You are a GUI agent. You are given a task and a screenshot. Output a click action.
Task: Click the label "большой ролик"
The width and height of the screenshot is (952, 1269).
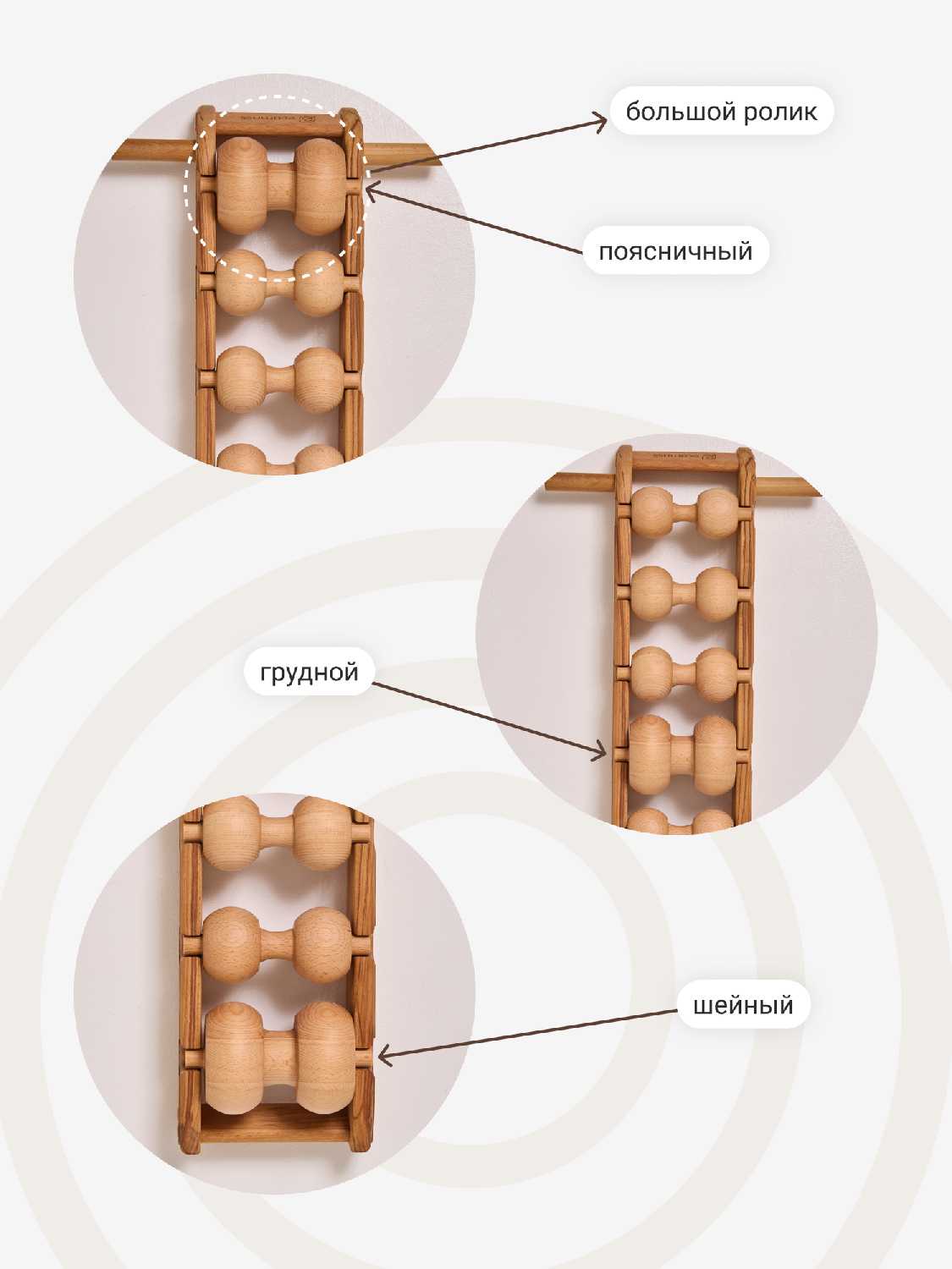(x=721, y=111)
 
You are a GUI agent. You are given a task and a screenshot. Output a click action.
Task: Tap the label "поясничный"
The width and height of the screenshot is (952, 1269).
(x=675, y=251)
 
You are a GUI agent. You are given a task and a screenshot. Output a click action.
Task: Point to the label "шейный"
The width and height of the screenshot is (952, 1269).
(x=743, y=1005)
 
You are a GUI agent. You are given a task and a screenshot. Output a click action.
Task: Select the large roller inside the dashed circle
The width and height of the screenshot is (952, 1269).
(x=281, y=186)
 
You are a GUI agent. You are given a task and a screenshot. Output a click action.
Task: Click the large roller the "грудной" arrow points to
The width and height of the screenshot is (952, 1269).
(x=683, y=755)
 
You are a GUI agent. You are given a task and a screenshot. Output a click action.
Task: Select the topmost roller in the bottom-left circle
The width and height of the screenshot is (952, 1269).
(x=278, y=832)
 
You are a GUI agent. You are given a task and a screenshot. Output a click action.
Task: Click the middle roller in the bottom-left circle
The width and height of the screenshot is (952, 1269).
(x=278, y=945)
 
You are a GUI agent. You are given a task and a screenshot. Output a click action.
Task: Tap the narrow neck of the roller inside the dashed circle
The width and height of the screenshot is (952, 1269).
(x=281, y=186)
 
